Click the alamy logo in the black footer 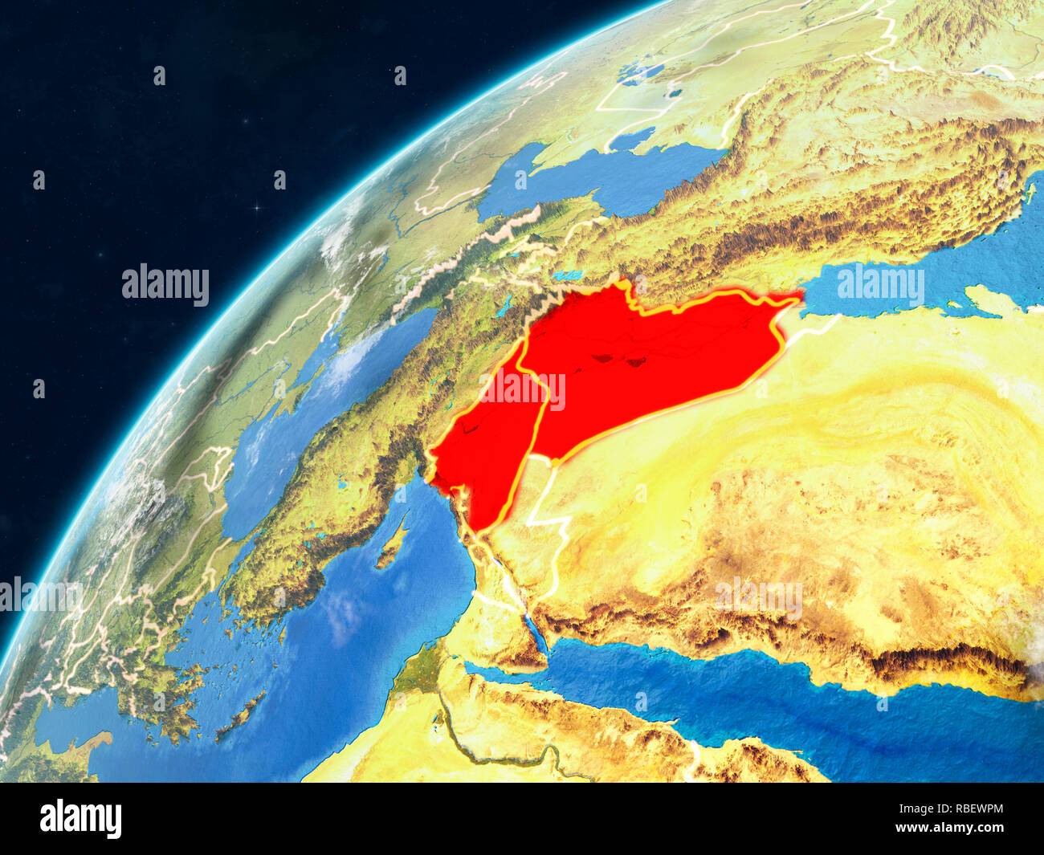pyautogui.click(x=80, y=818)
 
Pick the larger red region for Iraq pyautogui.click(x=642, y=361)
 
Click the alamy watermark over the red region pyautogui.click(x=522, y=389)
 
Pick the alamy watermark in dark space pyautogui.click(x=165, y=285)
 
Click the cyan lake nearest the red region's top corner pyautogui.click(x=567, y=276)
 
